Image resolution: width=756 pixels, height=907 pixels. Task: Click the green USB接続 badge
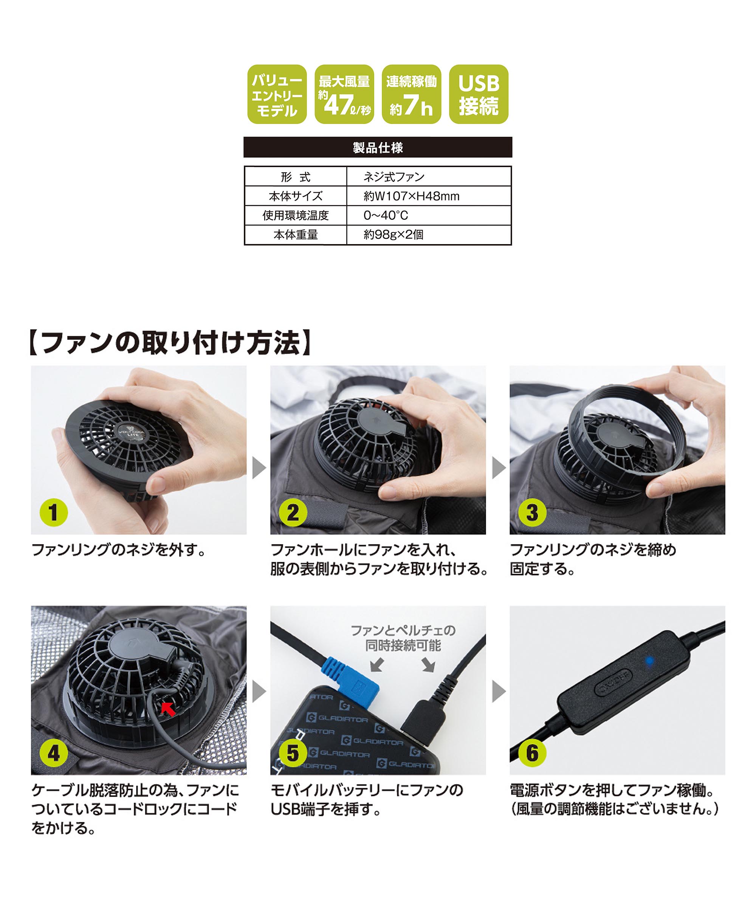pos(479,94)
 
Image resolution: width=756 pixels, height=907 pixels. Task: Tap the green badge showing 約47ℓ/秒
pos(344,94)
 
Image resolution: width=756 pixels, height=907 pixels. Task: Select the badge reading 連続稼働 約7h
pos(411,94)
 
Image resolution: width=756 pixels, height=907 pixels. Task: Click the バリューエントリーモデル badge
pos(277,94)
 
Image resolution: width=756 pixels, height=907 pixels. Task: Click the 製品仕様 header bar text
pos(378,148)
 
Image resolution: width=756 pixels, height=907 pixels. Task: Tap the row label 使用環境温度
pos(296,215)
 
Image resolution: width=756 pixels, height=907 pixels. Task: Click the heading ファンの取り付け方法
pos(170,342)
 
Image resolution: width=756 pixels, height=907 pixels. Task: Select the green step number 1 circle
pos(54,513)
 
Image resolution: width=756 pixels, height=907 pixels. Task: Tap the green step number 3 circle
pos(532,513)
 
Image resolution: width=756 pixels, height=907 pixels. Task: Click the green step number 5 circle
pos(293,753)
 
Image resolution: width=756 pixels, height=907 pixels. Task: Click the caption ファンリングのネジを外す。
pos(118,550)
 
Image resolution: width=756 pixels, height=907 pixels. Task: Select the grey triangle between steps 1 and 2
pos(259,467)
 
